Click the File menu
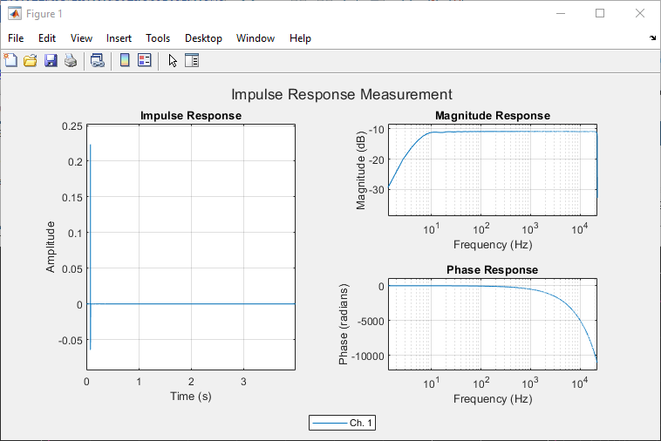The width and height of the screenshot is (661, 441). (16, 38)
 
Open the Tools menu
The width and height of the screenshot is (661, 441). (158, 38)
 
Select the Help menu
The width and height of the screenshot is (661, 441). (300, 38)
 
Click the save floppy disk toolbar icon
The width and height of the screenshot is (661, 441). (51, 61)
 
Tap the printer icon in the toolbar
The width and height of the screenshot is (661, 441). (71, 61)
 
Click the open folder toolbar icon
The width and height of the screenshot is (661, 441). (31, 61)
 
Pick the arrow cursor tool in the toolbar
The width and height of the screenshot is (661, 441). (173, 61)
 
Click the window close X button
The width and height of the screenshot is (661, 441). (640, 13)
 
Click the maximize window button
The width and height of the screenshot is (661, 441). (600, 13)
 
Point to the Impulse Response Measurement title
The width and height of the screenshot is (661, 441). (342, 94)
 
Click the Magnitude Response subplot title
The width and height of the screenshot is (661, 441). (493, 115)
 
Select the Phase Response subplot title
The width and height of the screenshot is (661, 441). (493, 269)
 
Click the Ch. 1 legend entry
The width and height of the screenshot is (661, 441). (342, 423)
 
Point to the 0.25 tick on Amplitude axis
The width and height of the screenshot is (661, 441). (72, 126)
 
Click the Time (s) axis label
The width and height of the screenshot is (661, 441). (191, 396)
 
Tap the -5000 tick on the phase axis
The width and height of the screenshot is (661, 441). (371, 321)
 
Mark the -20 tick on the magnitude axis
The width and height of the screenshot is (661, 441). (377, 159)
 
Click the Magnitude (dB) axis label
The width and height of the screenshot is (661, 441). (361, 170)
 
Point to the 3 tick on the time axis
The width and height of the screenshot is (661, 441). (243, 382)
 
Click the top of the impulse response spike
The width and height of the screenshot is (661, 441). (90, 145)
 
